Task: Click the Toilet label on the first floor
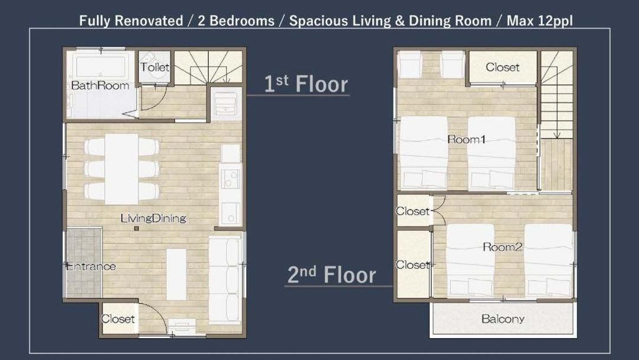point(154,67)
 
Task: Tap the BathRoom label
point(100,85)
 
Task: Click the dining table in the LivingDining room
point(121,169)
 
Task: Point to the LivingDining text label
point(153,218)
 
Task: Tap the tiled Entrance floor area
point(83,262)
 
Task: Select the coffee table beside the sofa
point(176,274)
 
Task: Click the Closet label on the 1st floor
point(117,319)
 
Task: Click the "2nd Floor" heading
point(332,274)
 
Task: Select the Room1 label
point(466,139)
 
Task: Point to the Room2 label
point(502,247)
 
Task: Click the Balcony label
point(502,319)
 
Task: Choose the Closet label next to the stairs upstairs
point(502,67)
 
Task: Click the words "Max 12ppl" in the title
point(540,20)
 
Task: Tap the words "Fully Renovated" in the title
point(131,20)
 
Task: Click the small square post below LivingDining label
point(137,229)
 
